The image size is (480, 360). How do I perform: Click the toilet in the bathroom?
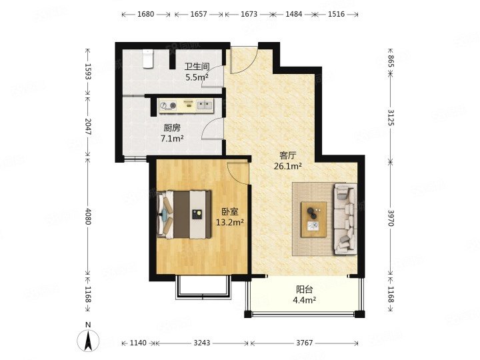[148, 58]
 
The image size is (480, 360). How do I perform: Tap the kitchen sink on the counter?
[205, 105]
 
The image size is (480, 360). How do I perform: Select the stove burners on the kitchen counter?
[169, 105]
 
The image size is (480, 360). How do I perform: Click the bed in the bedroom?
[184, 214]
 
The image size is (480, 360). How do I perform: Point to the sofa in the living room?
[345, 219]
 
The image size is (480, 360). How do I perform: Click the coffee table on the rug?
[313, 219]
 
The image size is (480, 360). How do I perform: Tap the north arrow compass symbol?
[88, 341]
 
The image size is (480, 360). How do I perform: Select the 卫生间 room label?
[197, 67]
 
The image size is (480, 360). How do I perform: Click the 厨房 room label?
[172, 127]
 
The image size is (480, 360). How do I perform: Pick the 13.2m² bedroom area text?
[230, 222]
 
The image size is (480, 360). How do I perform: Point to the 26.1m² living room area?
[288, 166]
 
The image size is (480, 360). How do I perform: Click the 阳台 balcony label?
[305, 289]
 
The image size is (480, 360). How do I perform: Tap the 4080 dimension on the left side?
[88, 217]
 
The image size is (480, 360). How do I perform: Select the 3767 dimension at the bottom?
[304, 343]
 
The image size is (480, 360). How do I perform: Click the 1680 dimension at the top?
[146, 14]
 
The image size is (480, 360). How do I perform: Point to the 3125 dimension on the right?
[391, 117]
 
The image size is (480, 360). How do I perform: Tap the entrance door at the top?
[244, 60]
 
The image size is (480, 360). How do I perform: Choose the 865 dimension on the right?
[391, 61]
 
